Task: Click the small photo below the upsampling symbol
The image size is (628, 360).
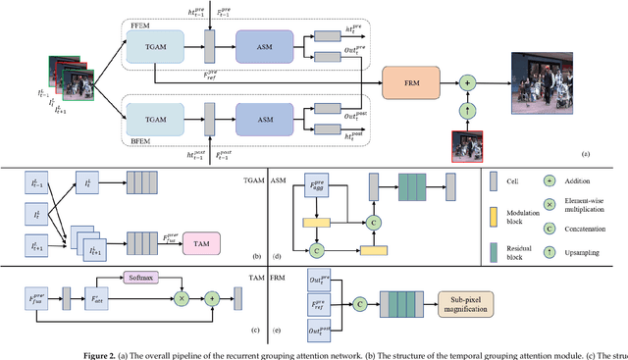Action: [467, 131]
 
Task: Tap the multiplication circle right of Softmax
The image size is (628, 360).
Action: [180, 294]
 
